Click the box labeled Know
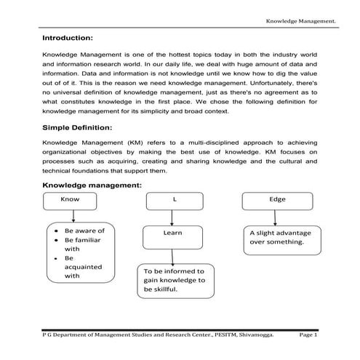point(71,199)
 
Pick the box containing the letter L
point(175,199)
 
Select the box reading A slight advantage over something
point(280,238)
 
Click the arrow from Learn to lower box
point(172,254)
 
